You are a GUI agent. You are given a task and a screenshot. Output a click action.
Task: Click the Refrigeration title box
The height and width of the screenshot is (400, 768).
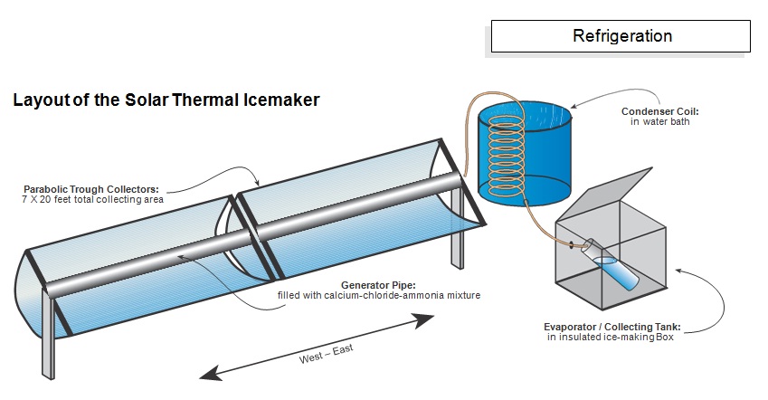pos(621,36)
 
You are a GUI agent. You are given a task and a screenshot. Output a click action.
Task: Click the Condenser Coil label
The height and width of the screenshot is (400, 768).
pos(659,111)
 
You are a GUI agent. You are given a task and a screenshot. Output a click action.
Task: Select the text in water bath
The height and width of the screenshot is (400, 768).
pos(659,122)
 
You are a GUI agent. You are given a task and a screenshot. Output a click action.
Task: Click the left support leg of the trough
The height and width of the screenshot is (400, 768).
pos(47,354)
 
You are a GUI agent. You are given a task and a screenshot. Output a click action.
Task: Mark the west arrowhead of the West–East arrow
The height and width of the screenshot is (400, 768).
pos(205,373)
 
